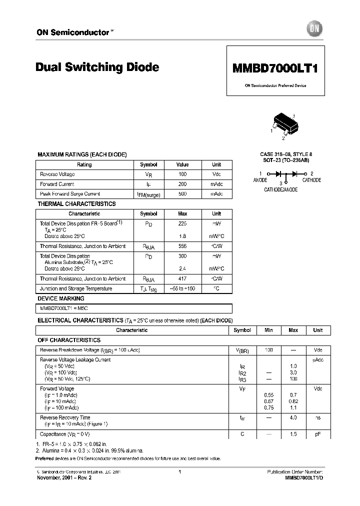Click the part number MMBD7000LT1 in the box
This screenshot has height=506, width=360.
click(275, 69)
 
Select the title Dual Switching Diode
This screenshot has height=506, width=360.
click(97, 67)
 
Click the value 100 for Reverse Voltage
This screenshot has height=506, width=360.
click(182, 174)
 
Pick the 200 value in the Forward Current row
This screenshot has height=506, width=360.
click(182, 184)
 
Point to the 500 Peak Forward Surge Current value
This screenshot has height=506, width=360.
click(182, 193)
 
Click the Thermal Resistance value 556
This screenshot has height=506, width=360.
click(182, 246)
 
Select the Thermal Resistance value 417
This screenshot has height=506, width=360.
click(182, 279)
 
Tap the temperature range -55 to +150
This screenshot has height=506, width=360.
click(182, 289)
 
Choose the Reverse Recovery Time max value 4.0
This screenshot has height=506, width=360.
click(293, 417)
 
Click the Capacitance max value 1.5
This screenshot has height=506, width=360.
click(293, 434)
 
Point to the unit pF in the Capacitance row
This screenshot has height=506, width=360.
click(317, 434)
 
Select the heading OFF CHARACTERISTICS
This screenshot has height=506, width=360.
click(69, 340)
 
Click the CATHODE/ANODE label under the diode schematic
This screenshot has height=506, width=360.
click(280, 190)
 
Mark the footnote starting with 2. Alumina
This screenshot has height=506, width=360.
click(89, 450)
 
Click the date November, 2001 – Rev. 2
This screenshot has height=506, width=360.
click(64, 477)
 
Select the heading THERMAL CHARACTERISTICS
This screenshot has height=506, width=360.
click(76, 204)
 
